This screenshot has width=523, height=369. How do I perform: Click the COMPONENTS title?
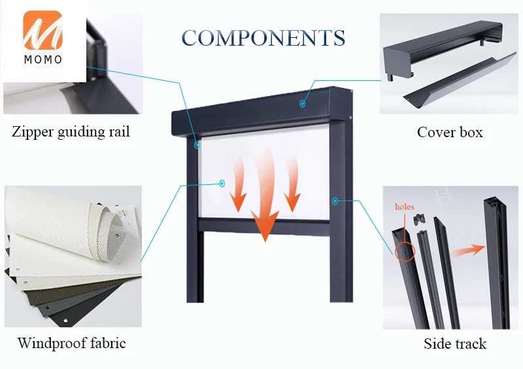tap(263, 37)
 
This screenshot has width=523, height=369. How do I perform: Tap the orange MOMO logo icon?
tap(42, 30)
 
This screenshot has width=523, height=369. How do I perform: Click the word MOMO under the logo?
tap(43, 59)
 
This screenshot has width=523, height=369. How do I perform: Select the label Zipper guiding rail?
tap(71, 131)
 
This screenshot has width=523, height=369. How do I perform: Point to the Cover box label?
tap(450, 132)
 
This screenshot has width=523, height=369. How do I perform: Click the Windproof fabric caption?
tap(72, 343)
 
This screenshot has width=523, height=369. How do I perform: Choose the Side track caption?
tap(455, 344)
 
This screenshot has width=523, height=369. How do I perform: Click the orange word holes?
tap(404, 206)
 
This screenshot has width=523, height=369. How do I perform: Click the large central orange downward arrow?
tap(266, 197)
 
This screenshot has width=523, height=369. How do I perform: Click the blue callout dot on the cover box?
tap(302, 104)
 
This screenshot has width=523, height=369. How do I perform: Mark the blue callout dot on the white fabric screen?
tap(222, 184)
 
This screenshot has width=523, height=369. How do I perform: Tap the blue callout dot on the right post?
tap(335, 201)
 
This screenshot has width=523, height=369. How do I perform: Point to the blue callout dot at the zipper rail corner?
tap(197, 145)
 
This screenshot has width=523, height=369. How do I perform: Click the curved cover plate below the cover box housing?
tap(460, 80)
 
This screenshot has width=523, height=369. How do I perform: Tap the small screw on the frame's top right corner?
tap(350, 117)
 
